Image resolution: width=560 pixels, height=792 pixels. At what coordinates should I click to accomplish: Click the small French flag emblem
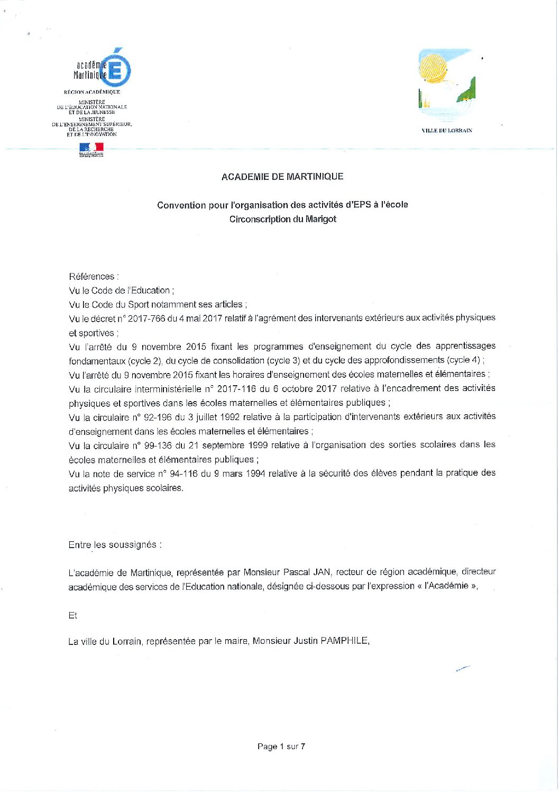click(91, 149)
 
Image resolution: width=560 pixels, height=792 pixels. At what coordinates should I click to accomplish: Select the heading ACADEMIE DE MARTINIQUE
click(282, 177)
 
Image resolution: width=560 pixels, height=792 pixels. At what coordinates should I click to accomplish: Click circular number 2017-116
click(235, 389)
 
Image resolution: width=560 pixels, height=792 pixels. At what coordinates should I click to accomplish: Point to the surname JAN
click(322, 572)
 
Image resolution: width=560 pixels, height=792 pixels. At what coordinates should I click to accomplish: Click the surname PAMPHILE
click(344, 641)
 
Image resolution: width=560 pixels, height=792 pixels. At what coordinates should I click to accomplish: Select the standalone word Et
click(72, 615)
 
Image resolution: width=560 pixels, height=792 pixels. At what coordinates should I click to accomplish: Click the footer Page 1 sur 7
click(281, 747)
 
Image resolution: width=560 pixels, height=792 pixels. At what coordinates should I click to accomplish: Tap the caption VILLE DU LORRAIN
click(447, 131)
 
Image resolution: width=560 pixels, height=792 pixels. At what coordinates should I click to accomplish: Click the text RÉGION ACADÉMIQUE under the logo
click(92, 92)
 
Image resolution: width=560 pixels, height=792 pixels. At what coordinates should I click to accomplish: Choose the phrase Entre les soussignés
click(114, 545)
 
